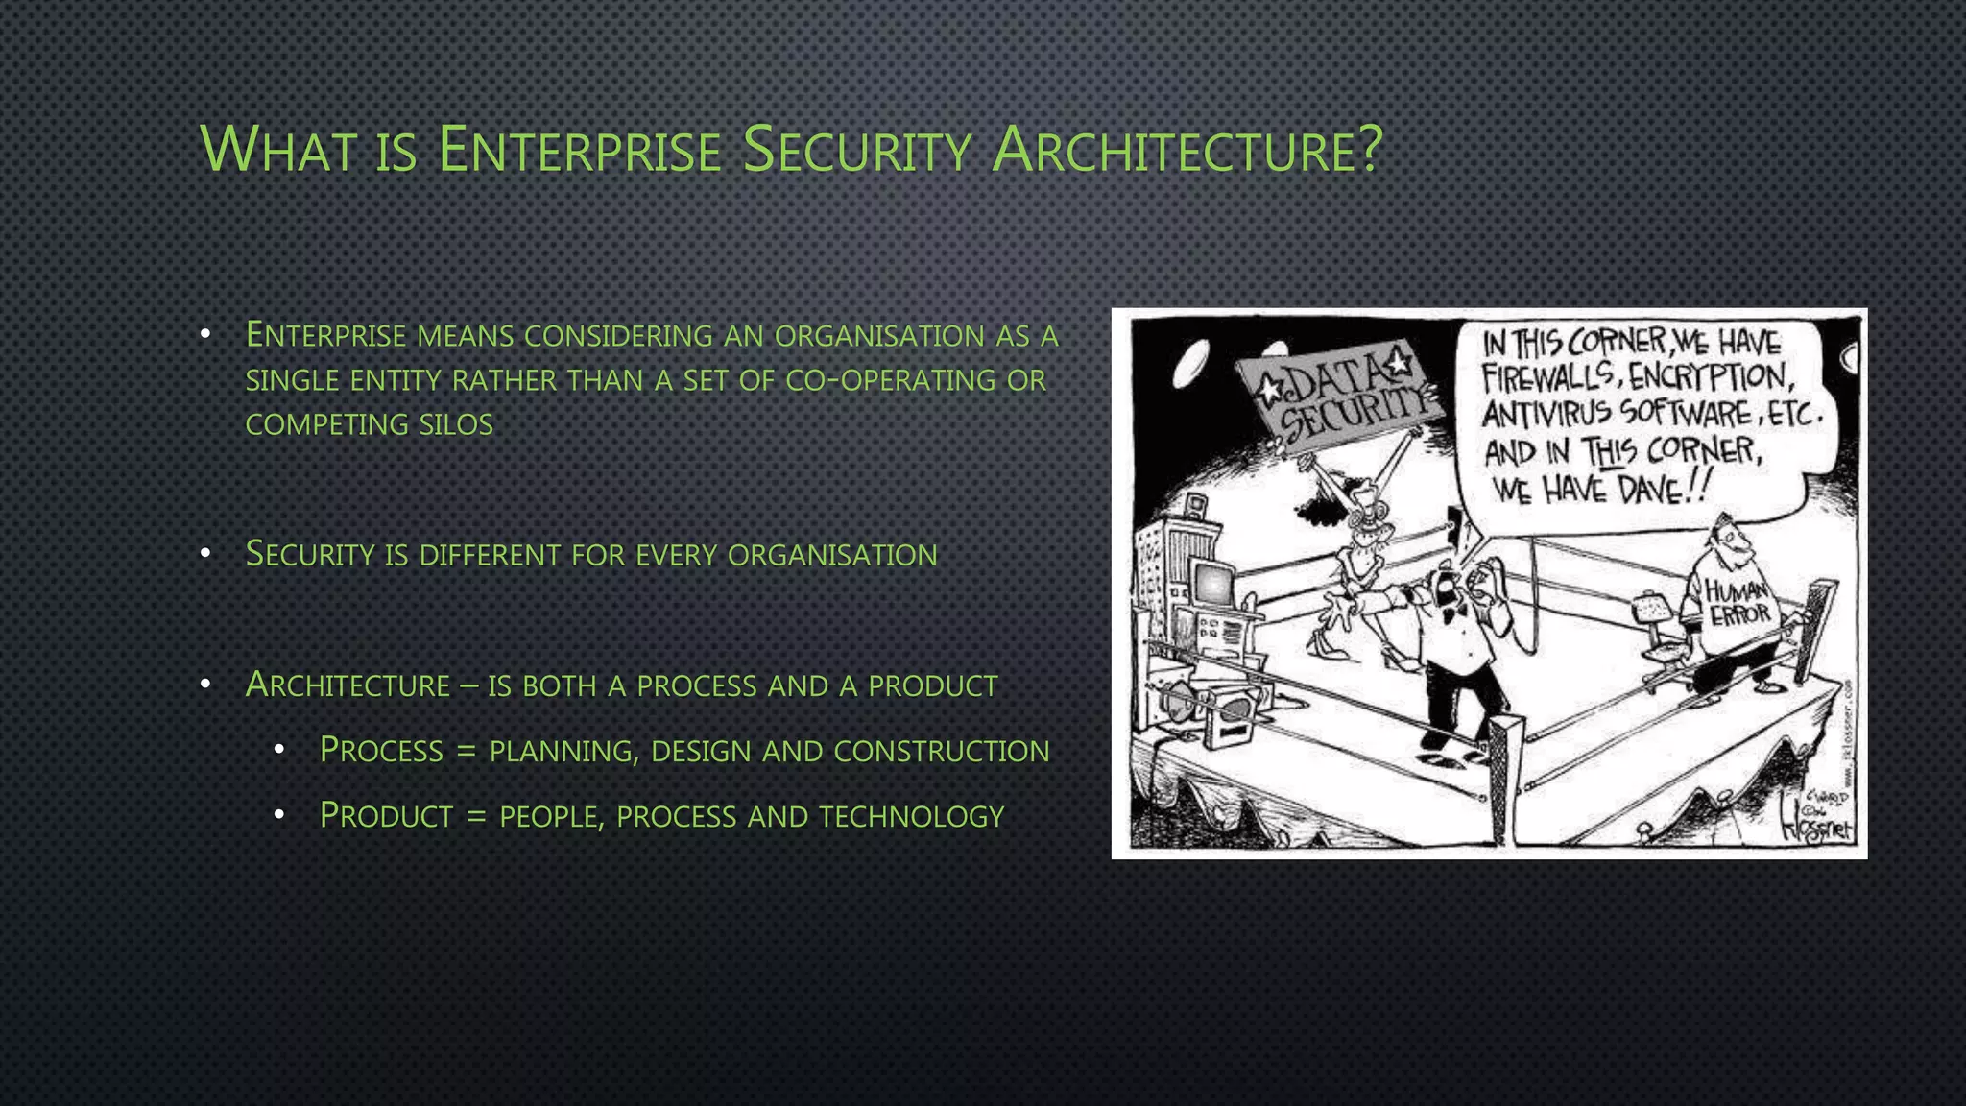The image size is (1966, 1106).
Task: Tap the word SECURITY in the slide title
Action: click(856, 152)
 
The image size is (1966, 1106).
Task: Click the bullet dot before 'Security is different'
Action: click(204, 553)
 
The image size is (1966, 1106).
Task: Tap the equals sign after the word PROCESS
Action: click(467, 751)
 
